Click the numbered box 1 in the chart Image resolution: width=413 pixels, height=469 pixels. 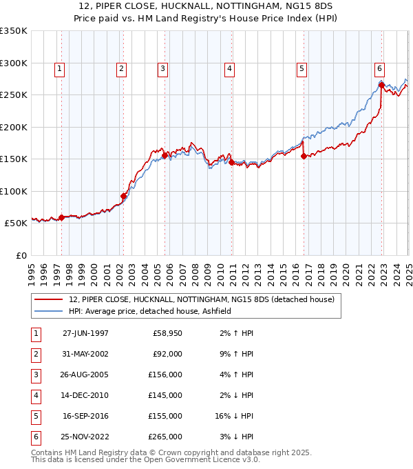tap(61, 68)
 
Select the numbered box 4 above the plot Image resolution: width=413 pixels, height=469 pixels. tap(229, 68)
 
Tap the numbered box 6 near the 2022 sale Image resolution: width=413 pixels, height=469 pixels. tap(379, 68)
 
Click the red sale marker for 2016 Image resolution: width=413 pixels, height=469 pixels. tap(304, 156)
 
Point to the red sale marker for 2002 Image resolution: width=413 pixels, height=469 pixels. tap(124, 196)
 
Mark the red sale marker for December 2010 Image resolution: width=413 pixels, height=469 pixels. tap(231, 163)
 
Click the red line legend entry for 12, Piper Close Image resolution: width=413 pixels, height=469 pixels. tap(202, 299)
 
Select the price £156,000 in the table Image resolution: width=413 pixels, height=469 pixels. tap(166, 375)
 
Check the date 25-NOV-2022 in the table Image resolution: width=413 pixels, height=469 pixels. tap(85, 437)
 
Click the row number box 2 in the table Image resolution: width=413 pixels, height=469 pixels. tap(34, 354)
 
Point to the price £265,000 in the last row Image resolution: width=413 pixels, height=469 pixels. tap(166, 437)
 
